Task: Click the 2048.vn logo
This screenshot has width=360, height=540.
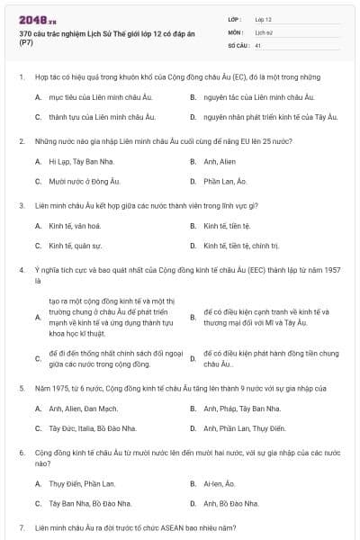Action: click(x=31, y=18)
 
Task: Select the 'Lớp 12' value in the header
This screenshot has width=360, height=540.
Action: click(x=264, y=18)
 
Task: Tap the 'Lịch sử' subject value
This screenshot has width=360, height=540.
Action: click(x=263, y=31)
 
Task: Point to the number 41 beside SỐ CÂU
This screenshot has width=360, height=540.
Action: click(x=258, y=44)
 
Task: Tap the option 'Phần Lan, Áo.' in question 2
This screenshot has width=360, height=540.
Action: click(x=224, y=181)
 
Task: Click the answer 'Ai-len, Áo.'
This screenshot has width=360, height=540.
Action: click(x=220, y=483)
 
